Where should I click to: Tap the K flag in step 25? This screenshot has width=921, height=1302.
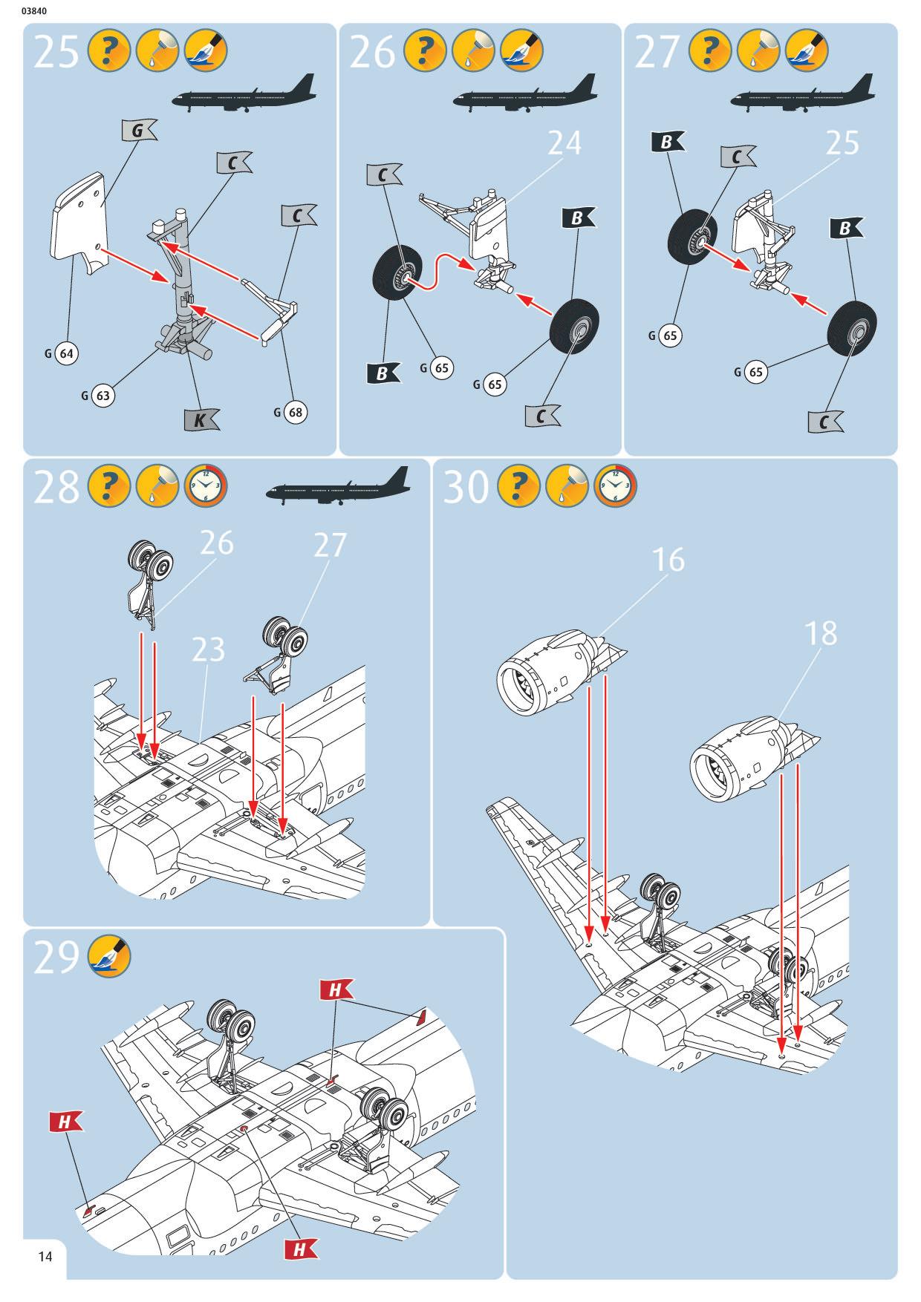201,420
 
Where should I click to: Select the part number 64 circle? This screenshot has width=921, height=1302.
66,353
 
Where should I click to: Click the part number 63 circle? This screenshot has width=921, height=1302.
102,396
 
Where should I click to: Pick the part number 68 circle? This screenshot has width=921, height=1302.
295,412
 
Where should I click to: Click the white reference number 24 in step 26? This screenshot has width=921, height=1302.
564,143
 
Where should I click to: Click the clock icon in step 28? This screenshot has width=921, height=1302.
205,487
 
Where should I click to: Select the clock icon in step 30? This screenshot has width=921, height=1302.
615,487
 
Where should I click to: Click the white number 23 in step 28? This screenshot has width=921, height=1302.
208,650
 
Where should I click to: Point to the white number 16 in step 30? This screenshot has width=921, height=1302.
668,560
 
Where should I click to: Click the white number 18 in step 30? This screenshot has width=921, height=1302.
820,633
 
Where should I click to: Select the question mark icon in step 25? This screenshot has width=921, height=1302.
109,52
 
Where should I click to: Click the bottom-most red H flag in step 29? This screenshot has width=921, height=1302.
300,1249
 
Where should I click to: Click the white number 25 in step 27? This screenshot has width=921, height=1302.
842,143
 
